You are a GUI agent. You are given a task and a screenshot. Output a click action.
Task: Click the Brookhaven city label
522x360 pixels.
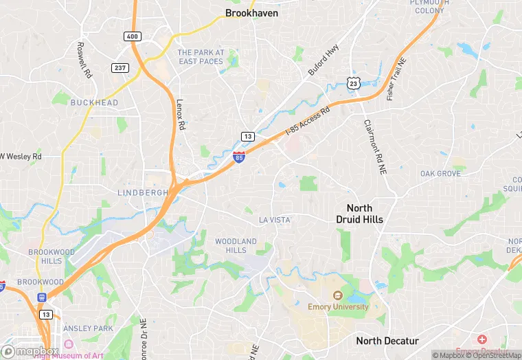(251, 12)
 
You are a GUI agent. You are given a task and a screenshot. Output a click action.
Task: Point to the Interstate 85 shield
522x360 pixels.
(238, 158)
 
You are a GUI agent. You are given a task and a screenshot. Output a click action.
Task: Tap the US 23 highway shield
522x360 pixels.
(354, 82)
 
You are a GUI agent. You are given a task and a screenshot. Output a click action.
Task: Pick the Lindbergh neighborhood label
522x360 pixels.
(143, 193)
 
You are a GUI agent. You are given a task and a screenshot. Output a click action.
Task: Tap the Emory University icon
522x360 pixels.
(337, 295)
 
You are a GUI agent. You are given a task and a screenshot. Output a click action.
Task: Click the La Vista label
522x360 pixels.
(274, 220)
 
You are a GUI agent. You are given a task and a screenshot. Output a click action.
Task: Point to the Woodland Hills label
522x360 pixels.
(236, 245)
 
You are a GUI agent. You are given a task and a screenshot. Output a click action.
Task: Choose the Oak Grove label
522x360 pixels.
(440, 174)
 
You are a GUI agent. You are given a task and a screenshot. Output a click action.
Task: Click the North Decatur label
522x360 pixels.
(387, 341)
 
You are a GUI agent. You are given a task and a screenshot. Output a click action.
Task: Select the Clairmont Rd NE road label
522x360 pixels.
(376, 148)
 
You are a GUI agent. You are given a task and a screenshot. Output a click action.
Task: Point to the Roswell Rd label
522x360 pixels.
(84, 62)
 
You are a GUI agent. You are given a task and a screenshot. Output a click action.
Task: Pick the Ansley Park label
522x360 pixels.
(91, 328)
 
